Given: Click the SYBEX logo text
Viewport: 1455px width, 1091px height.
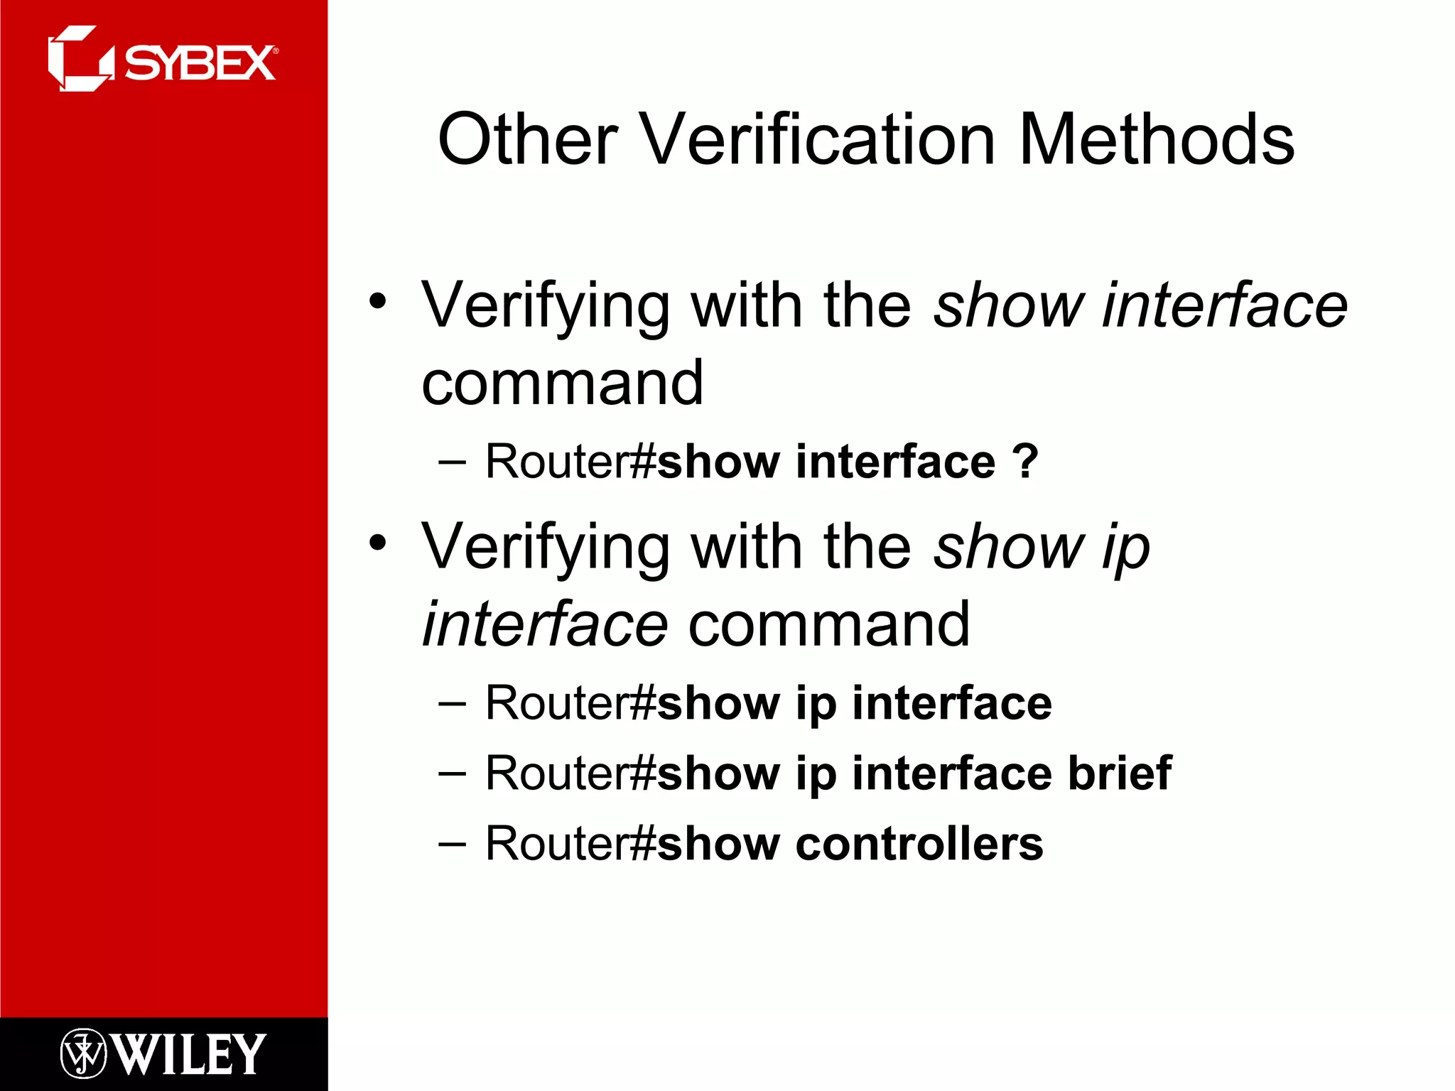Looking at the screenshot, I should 200,64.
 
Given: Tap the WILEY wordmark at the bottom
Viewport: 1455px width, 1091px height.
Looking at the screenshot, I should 190,1054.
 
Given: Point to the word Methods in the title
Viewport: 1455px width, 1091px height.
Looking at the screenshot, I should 1157,140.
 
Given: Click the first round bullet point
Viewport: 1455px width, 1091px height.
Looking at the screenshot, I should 378,300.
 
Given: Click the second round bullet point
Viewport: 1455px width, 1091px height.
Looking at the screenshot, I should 378,543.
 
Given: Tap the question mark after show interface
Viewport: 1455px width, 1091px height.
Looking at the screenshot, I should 1025,462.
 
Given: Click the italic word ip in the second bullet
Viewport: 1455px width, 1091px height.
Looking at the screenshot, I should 1126,548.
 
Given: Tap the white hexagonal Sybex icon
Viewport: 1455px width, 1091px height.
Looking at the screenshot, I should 80,59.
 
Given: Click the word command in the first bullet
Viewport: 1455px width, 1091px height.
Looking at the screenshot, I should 562,384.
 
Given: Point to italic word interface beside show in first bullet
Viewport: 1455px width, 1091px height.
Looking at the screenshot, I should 1224,305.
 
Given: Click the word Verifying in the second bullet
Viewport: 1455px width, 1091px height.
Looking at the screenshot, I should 546,548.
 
